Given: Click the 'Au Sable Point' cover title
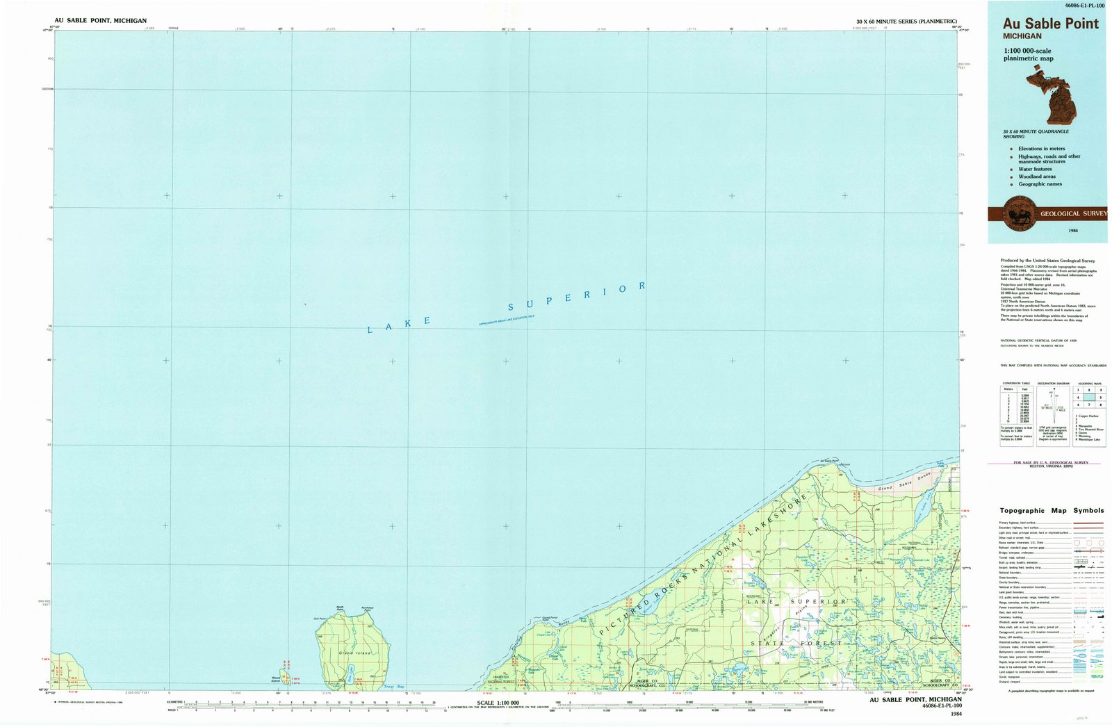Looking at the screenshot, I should click(1050, 24).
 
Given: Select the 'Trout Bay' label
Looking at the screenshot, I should click(394, 687).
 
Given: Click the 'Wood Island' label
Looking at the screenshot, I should click(275, 680).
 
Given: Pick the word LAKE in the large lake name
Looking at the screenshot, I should click(399, 325).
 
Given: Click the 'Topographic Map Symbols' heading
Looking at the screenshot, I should click(1052, 511).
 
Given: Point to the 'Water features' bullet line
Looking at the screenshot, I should click(1035, 169).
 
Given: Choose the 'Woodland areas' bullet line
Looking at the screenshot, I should click(1037, 177).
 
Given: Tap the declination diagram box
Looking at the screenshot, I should click(1053, 414).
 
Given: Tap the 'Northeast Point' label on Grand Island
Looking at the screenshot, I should click(367, 609).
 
